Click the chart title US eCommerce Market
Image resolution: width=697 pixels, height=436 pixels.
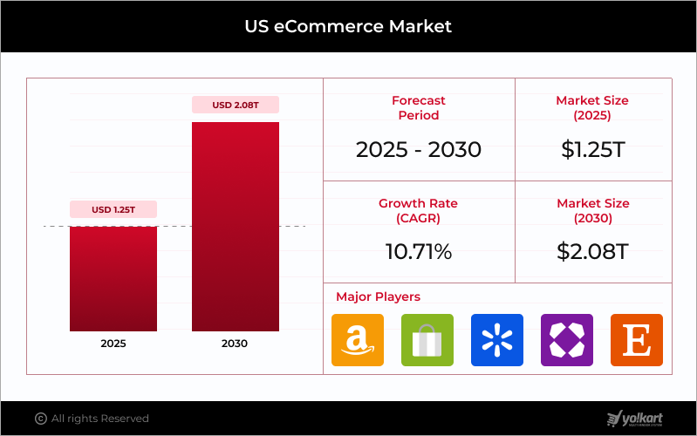coord(348,26)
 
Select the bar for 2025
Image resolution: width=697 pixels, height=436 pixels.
coord(113,278)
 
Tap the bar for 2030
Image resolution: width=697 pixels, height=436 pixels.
coord(236,227)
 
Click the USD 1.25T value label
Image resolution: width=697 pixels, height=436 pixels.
coord(113,209)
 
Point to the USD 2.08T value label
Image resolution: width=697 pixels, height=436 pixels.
coord(236,105)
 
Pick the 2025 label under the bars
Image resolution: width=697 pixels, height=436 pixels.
coord(113,344)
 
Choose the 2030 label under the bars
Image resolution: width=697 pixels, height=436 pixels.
coord(236,344)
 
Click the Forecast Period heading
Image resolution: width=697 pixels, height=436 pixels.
coord(419,108)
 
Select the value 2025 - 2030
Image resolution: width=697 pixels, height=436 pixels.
coord(419,149)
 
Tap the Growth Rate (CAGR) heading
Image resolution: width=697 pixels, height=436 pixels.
coord(419,210)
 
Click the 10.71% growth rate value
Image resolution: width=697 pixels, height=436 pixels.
coord(419,252)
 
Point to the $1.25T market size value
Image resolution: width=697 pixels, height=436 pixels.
coord(592,149)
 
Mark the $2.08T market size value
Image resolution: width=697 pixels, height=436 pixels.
coord(592,252)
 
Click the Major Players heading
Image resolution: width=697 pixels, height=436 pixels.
coord(378,296)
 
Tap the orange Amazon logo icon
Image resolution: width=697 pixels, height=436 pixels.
coord(358,340)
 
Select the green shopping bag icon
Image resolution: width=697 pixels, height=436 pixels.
coord(427,340)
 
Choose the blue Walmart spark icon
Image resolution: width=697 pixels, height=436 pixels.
coord(497,340)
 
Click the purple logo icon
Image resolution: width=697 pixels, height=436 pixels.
coord(567,340)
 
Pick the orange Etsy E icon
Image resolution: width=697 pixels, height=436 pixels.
coord(637,340)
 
